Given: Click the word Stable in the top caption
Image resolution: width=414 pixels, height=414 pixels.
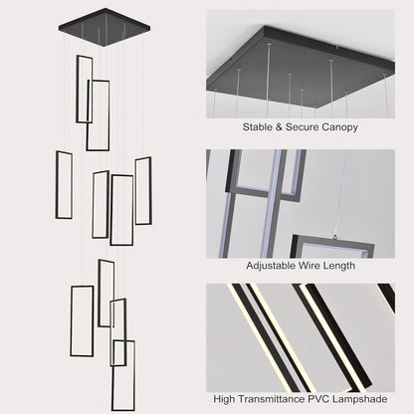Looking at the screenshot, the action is pos(257,127).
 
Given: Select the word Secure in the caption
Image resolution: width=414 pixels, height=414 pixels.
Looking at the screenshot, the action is pos(302,127).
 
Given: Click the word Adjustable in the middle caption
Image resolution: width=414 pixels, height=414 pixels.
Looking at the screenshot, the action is pos(271,266).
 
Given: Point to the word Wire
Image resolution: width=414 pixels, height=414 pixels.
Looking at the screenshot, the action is pos(309,266).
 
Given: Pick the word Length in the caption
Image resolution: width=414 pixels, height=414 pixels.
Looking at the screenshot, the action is pos(338,266).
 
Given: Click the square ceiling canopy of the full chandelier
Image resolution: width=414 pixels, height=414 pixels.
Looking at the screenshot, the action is pos(104,28).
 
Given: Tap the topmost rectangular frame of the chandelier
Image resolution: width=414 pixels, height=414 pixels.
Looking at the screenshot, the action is pos(78,89).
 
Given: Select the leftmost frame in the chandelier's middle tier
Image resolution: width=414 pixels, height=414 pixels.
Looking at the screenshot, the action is pos(57,185).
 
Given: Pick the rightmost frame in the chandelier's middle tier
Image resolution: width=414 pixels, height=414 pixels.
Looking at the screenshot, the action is pos(150,191).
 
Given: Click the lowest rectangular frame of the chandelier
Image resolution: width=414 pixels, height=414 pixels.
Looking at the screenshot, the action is pos(112,375).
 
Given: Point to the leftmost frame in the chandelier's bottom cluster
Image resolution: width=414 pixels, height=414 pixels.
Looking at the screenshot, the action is pos(71,321).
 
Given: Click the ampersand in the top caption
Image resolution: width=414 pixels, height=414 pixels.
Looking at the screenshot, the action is pos(279,127).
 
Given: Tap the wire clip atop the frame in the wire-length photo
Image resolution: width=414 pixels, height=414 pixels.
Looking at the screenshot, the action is pos(335,237).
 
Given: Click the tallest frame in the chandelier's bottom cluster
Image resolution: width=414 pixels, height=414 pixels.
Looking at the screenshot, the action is pos(112,375).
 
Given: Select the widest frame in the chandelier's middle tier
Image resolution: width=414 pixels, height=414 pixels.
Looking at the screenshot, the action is pos(111,210).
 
